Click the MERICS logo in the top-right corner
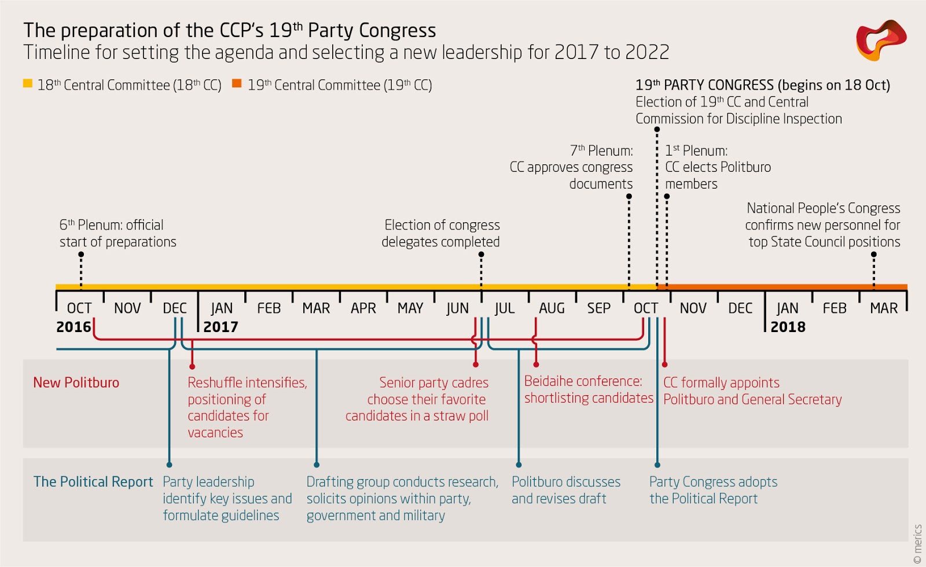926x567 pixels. coord(881,40)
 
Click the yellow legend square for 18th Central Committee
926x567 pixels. coord(27,83)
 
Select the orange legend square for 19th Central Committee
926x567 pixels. coord(237,83)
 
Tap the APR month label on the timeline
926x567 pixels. coord(363,308)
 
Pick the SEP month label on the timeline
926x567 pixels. coord(598,308)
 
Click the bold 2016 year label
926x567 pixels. coord(74,327)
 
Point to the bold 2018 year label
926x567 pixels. coord(788,327)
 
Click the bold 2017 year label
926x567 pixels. coord(221,327)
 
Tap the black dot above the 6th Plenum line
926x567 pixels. coord(81,255)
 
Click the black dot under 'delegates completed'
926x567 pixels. coord(481,255)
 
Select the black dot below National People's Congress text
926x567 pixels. coord(873,255)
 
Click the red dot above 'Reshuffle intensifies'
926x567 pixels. coord(192,366)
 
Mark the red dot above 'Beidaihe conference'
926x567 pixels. coord(536,365)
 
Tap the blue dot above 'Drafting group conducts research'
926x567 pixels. coord(317,465)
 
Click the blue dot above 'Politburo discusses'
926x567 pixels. coord(519,465)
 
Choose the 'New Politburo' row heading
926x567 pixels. coord(76,382)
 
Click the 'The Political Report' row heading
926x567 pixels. coord(93,482)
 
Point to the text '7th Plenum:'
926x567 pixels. coord(601,150)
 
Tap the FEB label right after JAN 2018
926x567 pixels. coord(834,308)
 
